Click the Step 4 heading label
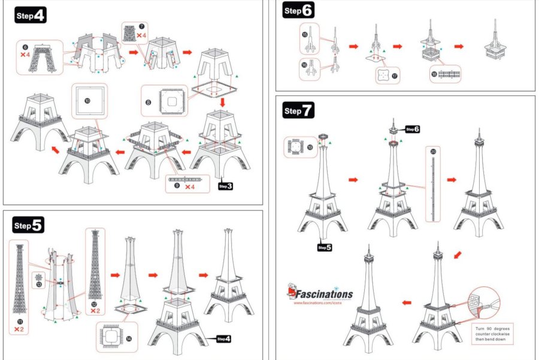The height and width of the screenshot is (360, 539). [x=29, y=16]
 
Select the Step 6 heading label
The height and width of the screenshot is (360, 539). [x=298, y=10]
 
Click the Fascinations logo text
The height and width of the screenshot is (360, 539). [x=323, y=294]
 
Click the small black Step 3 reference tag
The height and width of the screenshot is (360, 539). [x=226, y=186]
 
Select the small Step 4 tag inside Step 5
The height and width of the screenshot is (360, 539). [x=223, y=339]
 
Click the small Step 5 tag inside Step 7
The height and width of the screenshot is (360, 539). [x=325, y=247]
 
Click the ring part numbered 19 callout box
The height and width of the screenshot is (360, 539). [x=299, y=146]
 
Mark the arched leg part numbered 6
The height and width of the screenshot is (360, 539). [x=43, y=59]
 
